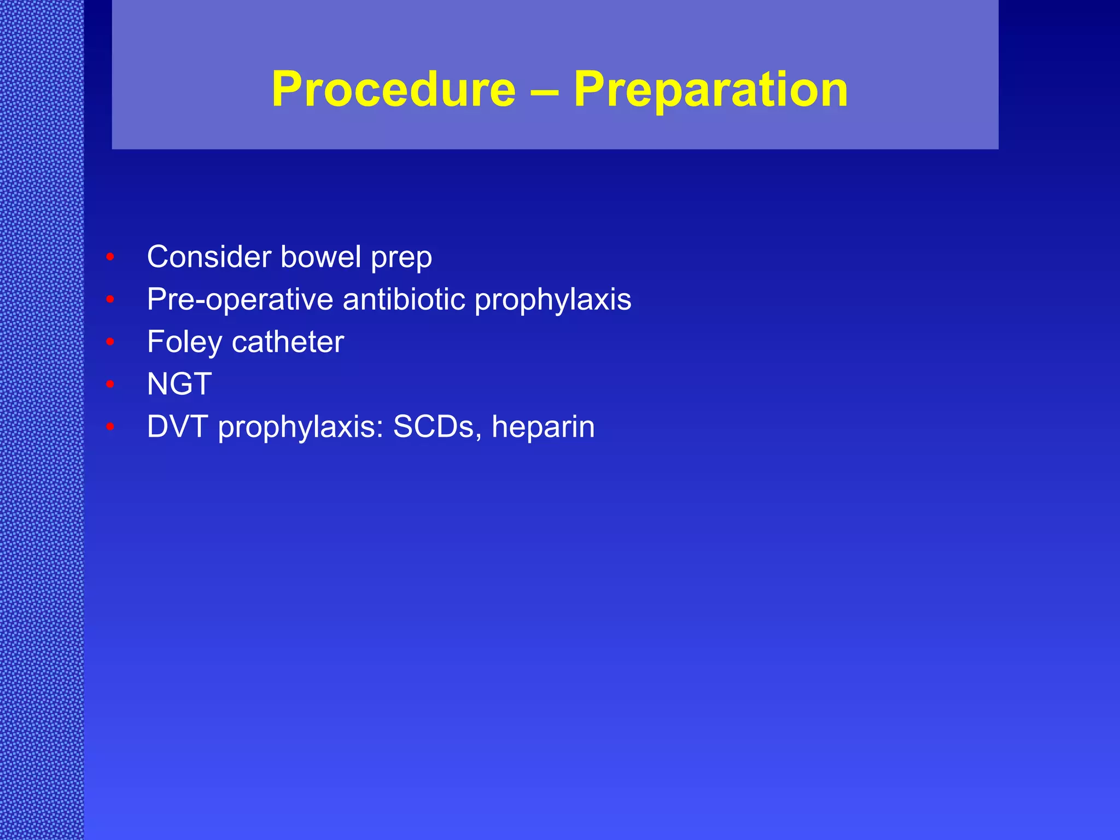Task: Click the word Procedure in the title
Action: [393, 89]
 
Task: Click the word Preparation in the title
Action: [710, 89]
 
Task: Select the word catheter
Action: [288, 342]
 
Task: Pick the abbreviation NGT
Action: [179, 384]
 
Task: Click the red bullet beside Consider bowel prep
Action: [110, 257]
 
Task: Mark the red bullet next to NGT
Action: [110, 384]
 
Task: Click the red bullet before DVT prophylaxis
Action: [110, 427]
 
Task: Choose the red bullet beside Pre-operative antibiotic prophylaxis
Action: [110, 300]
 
